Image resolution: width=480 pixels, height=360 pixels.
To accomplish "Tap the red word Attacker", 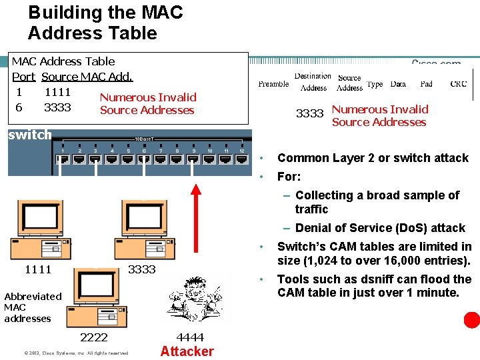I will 187,351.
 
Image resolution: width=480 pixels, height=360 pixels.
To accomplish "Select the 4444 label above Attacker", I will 190,337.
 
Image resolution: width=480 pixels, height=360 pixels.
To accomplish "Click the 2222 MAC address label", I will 93,337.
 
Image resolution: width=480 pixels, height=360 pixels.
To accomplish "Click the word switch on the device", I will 29,135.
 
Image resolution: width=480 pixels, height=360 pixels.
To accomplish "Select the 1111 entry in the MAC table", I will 57,93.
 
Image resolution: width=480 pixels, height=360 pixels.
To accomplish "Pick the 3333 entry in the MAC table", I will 57,107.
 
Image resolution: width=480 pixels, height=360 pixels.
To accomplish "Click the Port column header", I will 23,77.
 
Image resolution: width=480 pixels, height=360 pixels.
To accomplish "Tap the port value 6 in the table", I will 19,107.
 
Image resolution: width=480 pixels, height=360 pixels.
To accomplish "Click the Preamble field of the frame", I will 273,84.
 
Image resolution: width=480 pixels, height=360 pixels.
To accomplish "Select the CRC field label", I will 459,84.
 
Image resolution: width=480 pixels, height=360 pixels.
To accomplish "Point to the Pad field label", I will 427,84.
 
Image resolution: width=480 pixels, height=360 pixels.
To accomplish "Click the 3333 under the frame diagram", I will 309,114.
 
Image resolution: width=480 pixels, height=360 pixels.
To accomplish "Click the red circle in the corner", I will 472,321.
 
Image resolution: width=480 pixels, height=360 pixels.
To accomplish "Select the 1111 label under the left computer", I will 38,269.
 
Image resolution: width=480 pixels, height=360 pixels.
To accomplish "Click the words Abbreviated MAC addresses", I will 33,307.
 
